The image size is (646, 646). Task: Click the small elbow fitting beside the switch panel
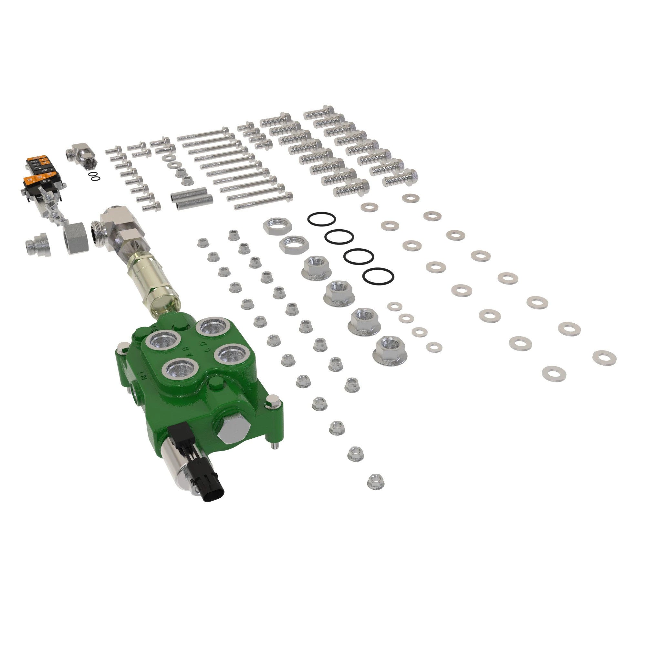click(x=84, y=155)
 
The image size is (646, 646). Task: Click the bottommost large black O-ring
click(x=378, y=276)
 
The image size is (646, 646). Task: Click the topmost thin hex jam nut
click(x=277, y=226)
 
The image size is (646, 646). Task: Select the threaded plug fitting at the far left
click(x=38, y=245)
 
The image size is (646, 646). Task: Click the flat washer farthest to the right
click(x=604, y=358)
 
